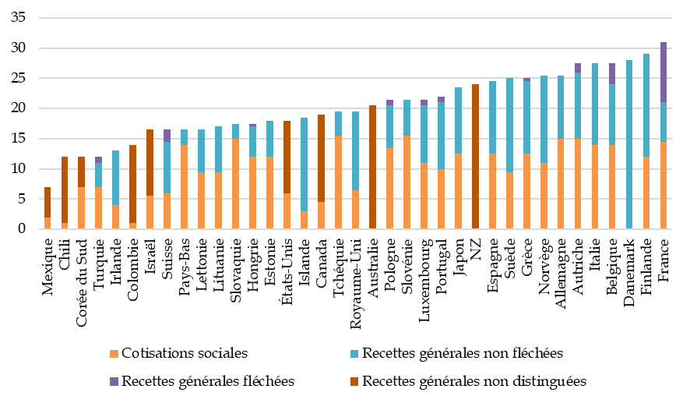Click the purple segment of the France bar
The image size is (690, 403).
coord(664,72)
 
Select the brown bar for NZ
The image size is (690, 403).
coord(475,157)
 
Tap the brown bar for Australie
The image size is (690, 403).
coord(373,167)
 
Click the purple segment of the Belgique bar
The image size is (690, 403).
coord(612,73)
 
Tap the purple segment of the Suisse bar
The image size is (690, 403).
coord(167,136)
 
